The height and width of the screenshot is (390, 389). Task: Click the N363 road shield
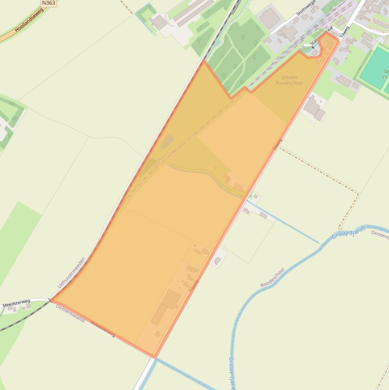point(49,3)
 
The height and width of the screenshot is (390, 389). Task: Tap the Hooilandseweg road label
point(29,21)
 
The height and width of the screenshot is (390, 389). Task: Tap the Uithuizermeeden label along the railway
point(71,272)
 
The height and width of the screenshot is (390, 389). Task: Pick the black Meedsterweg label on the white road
point(16,303)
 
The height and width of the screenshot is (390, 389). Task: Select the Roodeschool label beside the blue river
point(273,278)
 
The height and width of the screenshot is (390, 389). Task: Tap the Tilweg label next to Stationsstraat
point(345,31)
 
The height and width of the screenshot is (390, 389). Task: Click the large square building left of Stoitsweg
point(270,18)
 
